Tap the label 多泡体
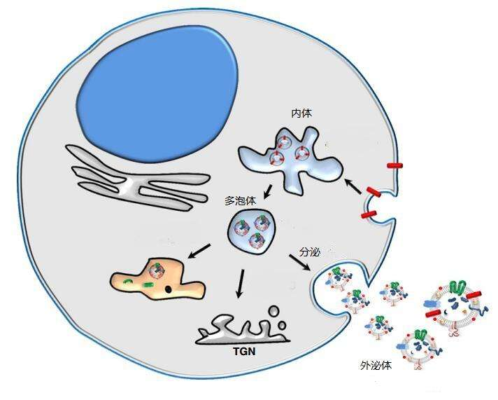click(x=239, y=200)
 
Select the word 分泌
click(x=310, y=250)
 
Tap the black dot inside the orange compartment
click(x=169, y=289)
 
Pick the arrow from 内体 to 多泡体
click(x=266, y=191)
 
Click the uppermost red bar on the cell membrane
click(x=395, y=165)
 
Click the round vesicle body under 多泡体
click(x=250, y=234)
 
